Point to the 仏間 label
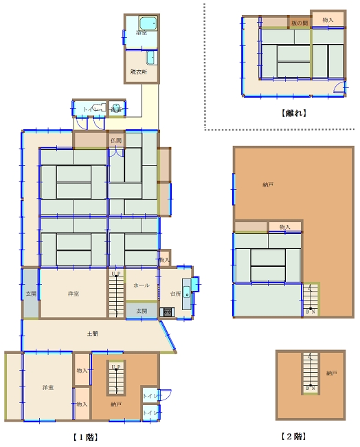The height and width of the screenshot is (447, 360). pos(115,141)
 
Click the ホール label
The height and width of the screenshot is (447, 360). pos(142,285)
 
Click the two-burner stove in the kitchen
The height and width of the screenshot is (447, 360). pos(168,312)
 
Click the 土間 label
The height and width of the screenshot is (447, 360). pos(92,334)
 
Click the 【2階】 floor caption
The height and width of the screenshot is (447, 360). pos(293,436)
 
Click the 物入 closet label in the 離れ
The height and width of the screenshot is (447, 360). pos(328,21)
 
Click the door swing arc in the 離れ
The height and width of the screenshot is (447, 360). pos(338,87)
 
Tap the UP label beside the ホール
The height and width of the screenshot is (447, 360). pos(115,274)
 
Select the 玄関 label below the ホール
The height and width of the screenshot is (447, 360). pos(141,311)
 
